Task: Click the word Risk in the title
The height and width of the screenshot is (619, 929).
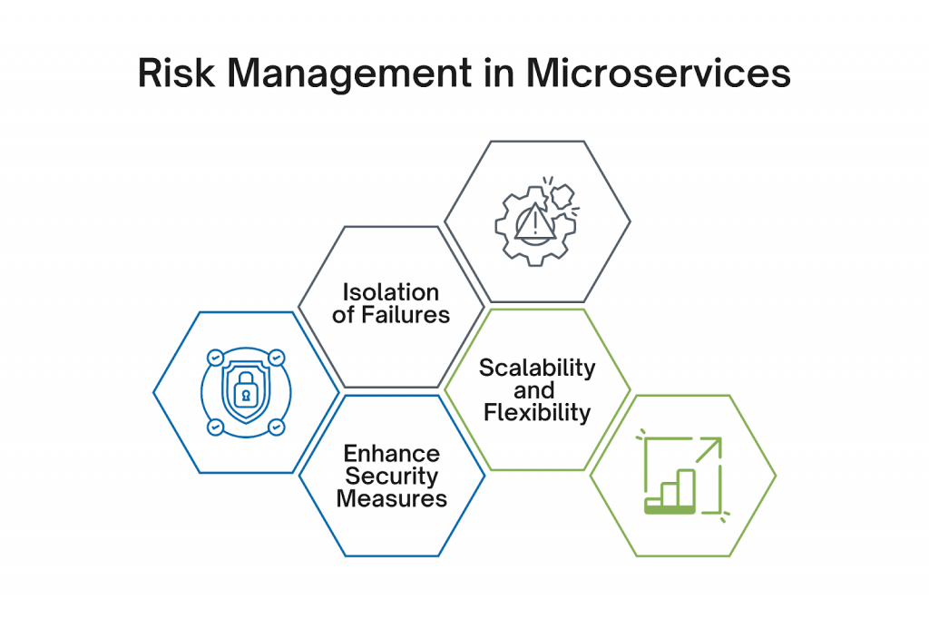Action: [x=176, y=74]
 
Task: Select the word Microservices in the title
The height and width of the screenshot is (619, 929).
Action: [x=659, y=74]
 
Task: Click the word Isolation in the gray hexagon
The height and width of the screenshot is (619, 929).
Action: [x=391, y=292]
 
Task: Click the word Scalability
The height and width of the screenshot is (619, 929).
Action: [x=537, y=368]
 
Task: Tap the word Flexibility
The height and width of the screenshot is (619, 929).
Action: [x=537, y=413]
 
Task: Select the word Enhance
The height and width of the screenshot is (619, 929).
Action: [x=392, y=454]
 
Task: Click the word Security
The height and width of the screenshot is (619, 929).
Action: [x=392, y=477]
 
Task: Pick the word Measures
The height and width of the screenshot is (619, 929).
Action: [x=392, y=498]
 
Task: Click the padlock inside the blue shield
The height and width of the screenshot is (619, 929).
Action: [x=245, y=390]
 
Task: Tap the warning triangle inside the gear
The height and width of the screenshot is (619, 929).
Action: [x=535, y=221]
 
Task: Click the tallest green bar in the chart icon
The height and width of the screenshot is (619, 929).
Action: [x=687, y=489]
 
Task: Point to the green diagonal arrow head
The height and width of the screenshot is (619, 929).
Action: [x=714, y=446]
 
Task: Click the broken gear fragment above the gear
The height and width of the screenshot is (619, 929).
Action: [x=562, y=196]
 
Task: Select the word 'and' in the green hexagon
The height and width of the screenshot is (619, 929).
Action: [x=534, y=390]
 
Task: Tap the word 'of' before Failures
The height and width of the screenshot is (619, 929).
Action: [x=344, y=315]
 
